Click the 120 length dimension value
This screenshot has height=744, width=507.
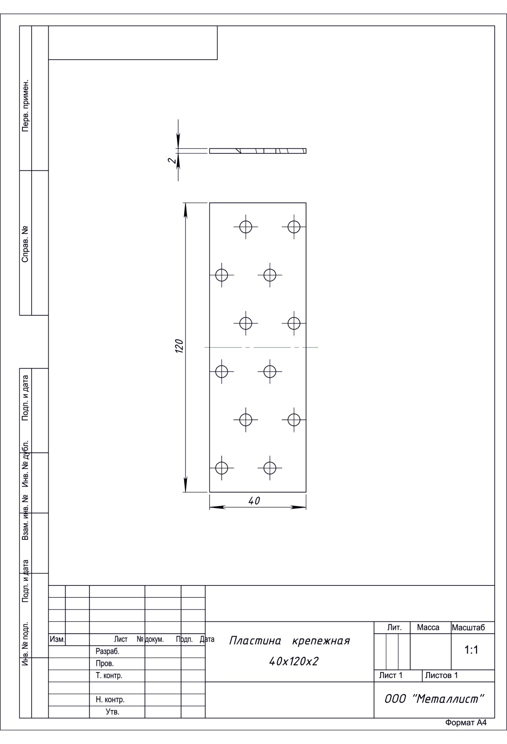point(179,346)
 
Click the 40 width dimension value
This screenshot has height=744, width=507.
point(254,501)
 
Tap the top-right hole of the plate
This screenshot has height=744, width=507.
point(294,227)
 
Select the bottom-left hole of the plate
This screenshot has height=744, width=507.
point(222,468)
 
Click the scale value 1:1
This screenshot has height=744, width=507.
point(471,650)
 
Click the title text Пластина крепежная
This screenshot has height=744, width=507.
point(289,641)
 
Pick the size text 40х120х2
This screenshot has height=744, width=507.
point(294,661)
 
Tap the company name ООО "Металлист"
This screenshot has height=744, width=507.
point(434,699)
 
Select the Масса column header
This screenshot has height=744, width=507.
point(428,627)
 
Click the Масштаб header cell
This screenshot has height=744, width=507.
point(468,627)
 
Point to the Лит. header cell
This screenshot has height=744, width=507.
point(394,627)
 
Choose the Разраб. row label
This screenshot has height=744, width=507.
point(107,651)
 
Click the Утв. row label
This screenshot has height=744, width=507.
point(112,712)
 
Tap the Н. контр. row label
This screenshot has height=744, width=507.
point(110,700)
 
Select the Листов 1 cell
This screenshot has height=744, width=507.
point(442,675)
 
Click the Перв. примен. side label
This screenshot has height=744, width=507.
point(26,105)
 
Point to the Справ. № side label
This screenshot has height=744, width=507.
point(26,244)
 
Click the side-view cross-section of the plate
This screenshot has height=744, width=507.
point(258,151)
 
